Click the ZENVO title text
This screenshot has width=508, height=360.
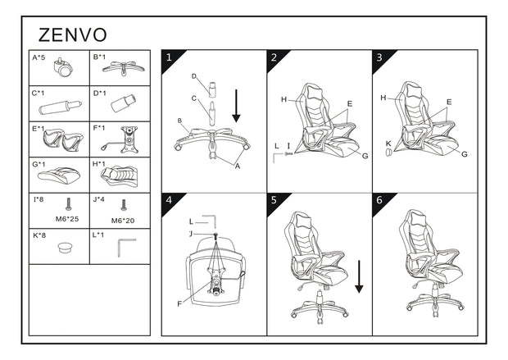[73, 35]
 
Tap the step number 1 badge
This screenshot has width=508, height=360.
[169, 57]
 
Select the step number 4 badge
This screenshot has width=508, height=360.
[169, 201]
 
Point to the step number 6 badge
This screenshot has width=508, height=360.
[379, 201]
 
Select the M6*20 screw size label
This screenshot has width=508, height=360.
[124, 220]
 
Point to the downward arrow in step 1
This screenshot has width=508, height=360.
[236, 106]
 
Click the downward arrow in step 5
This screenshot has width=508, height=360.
[359, 276]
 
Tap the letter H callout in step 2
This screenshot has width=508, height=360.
[283, 99]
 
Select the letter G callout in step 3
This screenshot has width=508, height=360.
[465, 153]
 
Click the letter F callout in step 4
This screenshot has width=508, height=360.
[179, 304]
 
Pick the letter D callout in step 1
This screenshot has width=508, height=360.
[193, 76]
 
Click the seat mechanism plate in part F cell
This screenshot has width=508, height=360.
[127, 139]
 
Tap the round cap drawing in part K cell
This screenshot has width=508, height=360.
[65, 248]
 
